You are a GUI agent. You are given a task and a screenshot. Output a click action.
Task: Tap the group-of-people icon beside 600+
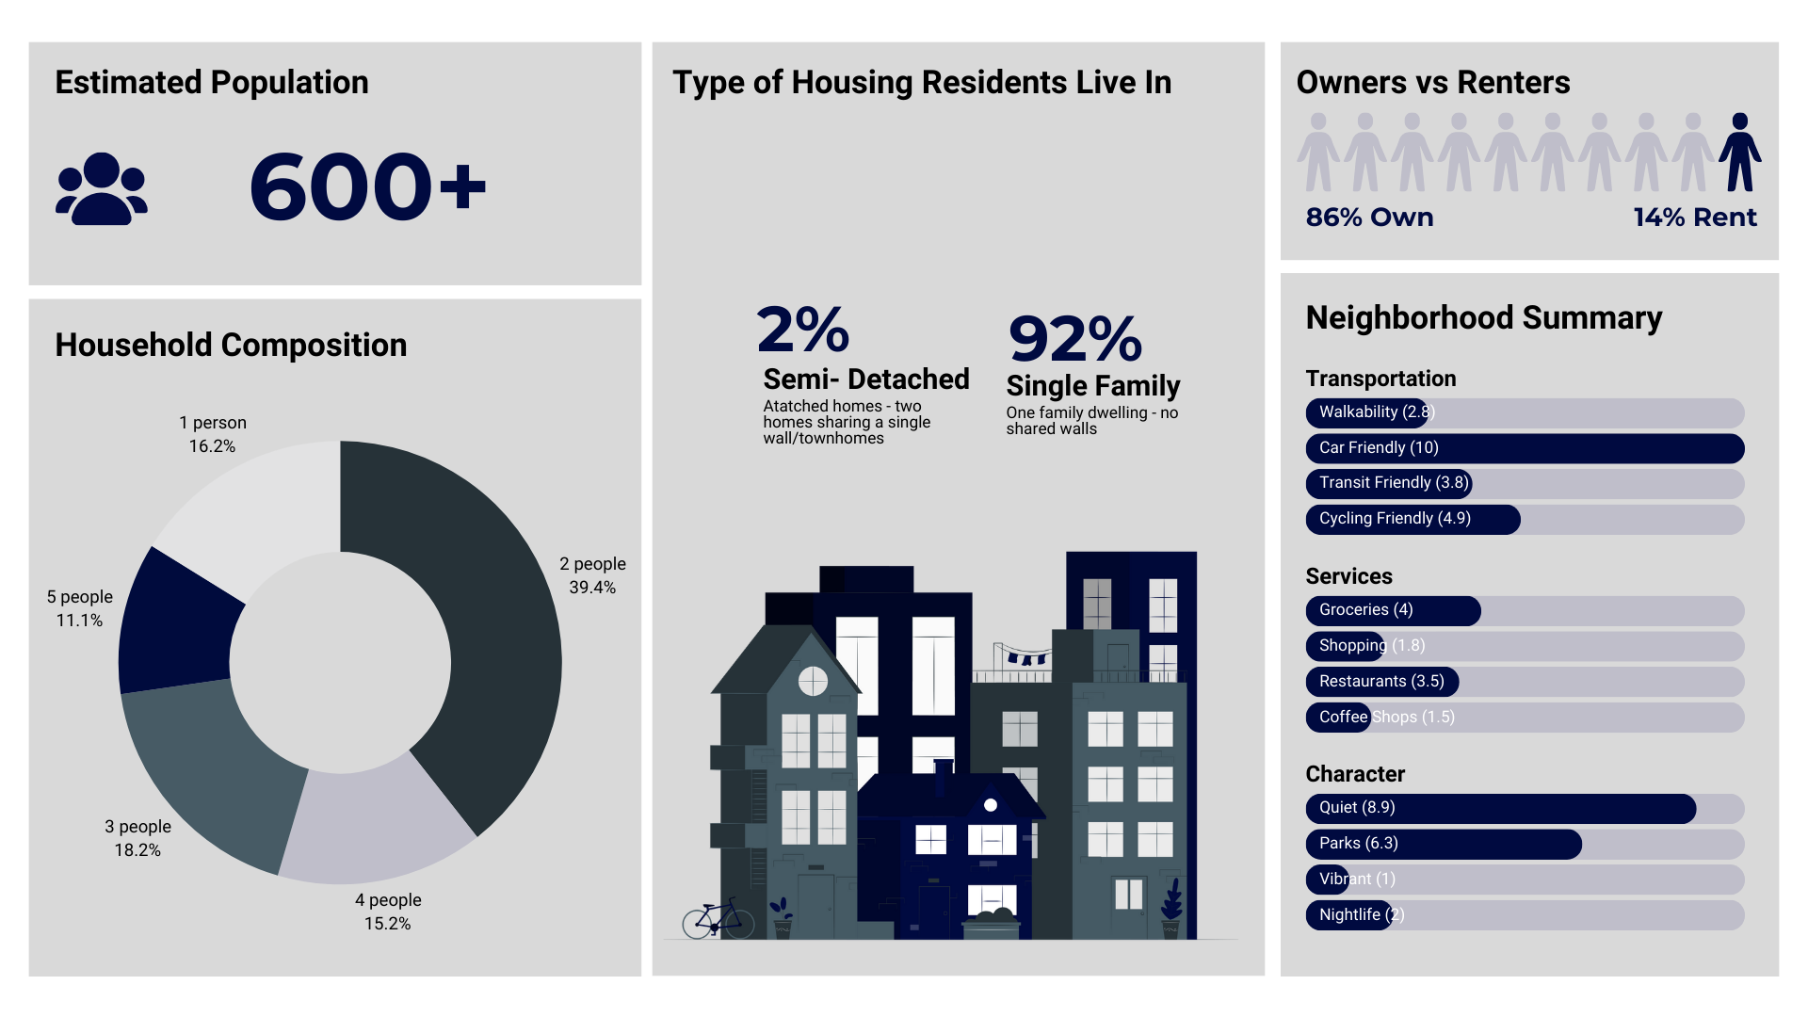[102, 188]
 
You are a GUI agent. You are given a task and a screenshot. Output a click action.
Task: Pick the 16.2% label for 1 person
[212, 446]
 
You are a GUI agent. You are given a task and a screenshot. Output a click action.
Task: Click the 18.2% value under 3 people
[137, 850]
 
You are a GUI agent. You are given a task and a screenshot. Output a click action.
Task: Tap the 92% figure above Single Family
[1074, 339]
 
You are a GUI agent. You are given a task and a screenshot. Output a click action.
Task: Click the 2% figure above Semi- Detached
[802, 330]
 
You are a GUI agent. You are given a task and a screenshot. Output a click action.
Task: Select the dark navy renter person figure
[1739, 153]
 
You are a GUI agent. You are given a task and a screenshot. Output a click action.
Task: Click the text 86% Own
[1369, 218]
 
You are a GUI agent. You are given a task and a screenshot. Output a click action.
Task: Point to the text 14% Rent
[1694, 218]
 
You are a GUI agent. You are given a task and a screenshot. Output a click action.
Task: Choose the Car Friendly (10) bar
[1524, 448]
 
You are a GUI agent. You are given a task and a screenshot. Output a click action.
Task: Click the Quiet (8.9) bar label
[1357, 808]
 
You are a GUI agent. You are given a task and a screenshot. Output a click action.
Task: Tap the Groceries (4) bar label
[1365, 610]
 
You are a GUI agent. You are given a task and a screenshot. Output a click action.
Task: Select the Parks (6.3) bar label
[1358, 844]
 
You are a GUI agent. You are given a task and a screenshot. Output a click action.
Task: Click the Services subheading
[1348, 576]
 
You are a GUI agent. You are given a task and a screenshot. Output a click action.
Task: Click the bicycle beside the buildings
[718, 918]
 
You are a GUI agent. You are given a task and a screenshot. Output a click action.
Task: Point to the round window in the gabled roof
[813, 681]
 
